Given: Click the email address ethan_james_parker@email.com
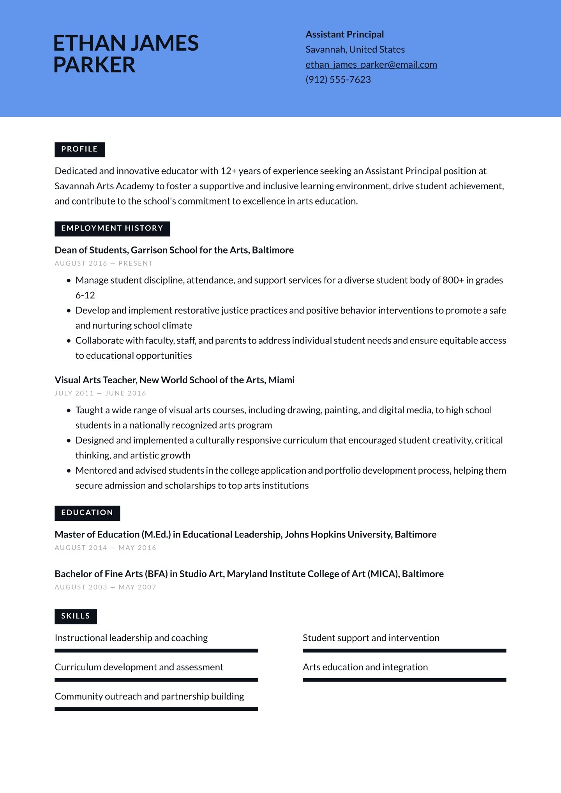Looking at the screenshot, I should coord(371,65).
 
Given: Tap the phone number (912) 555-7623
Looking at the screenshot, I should coord(338,80).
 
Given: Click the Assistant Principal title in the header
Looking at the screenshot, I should coord(344,35).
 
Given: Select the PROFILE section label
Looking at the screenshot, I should coord(79,150).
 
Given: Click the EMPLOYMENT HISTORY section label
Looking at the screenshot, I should coord(112,229).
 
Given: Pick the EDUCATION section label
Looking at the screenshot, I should coord(87,513).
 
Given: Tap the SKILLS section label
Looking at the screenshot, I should coord(76,616).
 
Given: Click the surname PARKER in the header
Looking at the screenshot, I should coord(94,65).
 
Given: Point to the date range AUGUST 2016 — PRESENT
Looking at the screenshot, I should coord(104,264).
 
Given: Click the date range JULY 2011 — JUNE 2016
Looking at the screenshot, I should coord(100,393).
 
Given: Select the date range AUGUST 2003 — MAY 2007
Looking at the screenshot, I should coord(105,587).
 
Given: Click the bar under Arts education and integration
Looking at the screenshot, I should coord(404,680).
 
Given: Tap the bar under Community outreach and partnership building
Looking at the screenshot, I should coord(156,709).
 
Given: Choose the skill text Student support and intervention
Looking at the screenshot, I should coord(371,638).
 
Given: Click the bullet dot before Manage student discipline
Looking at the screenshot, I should coord(69,280).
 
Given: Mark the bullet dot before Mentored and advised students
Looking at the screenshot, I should coord(69,471).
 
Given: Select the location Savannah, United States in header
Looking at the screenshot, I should coord(355,50).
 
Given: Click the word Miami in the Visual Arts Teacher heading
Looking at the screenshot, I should coord(281,380).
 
